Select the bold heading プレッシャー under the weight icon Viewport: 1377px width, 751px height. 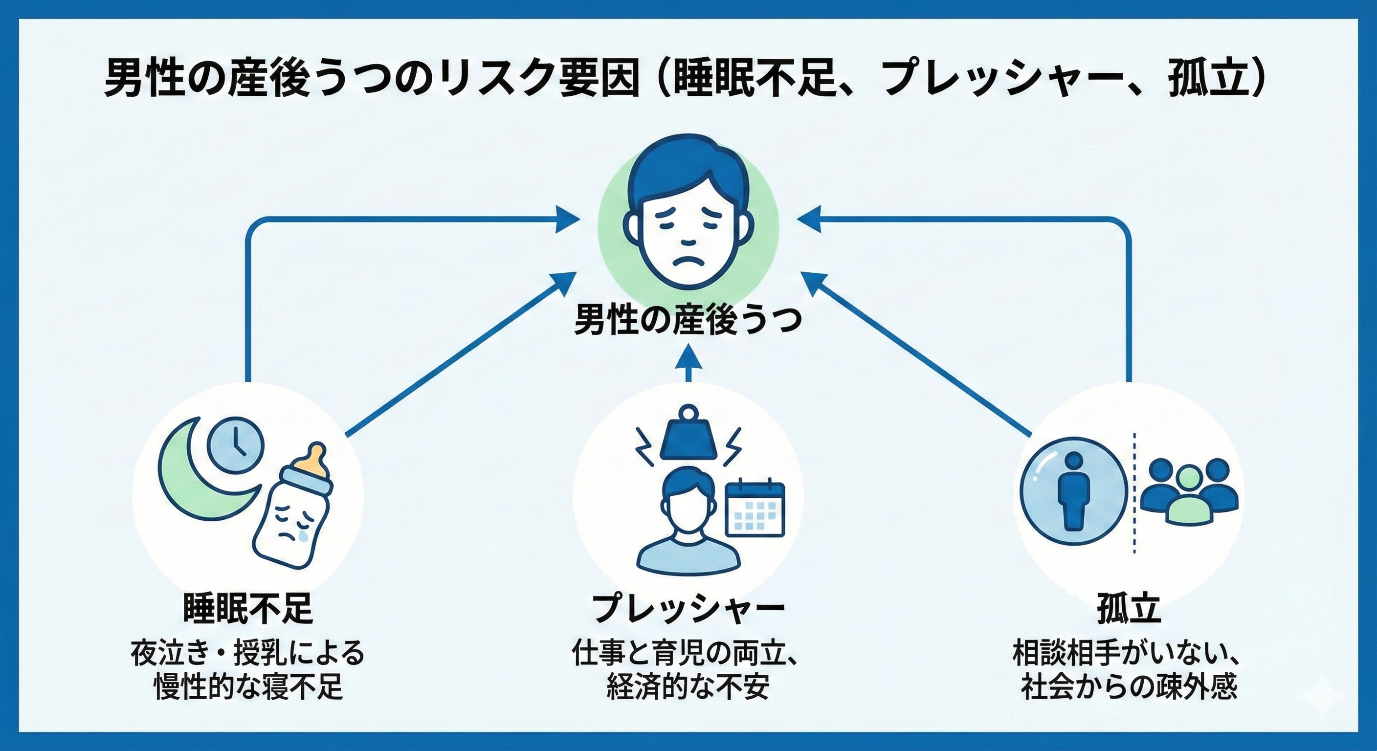tap(688, 608)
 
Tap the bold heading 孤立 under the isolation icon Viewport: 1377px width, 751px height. tap(1129, 608)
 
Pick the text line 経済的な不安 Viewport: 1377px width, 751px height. tap(688, 686)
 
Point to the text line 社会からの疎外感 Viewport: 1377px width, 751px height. tap(1129, 686)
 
